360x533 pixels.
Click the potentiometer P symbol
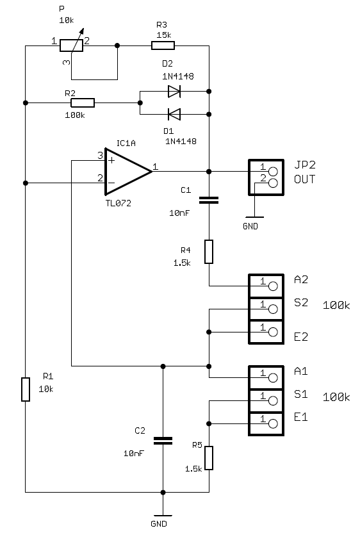pos(71,45)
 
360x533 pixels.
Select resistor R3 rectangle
pos(163,45)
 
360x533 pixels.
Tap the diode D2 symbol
pos(174,91)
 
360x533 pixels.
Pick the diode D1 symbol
pos(174,114)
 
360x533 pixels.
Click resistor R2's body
pos(83,102)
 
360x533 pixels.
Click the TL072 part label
pos(119,203)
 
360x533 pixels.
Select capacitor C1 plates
pos(209,200)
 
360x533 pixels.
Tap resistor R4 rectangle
pos(209,252)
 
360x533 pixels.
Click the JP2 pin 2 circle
pos(273,183)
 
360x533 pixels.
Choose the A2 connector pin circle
pos(273,286)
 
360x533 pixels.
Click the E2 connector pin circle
pos(273,332)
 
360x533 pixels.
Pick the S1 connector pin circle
pos(273,401)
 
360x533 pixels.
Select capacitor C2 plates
pos(163,441)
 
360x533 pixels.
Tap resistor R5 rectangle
pos(209,458)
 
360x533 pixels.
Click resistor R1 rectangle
pos(26,389)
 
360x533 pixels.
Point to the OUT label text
pos(304,179)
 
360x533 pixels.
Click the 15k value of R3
pos(164,35)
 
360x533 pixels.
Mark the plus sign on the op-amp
pos(111,160)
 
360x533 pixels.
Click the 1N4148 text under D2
pos(178,76)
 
